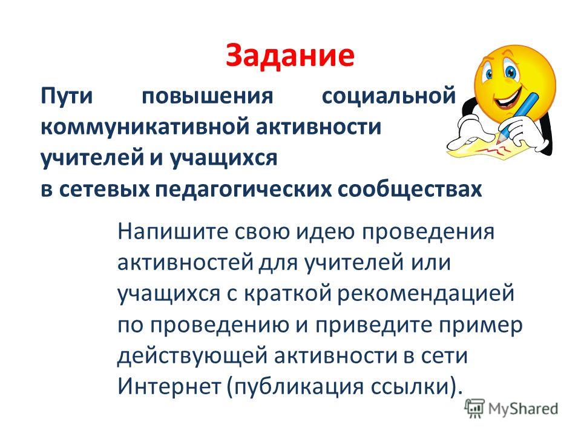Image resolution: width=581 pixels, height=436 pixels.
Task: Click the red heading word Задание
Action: click(x=290, y=56)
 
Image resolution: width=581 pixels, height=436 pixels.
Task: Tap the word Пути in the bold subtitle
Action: click(x=67, y=96)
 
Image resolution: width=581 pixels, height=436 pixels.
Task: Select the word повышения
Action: click(x=208, y=96)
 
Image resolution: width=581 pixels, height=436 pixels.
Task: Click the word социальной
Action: click(x=389, y=96)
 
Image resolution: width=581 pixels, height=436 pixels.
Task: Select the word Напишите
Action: click(x=172, y=233)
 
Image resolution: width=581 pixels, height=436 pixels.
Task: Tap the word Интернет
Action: click(x=169, y=387)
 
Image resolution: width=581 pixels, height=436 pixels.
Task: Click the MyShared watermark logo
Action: click(x=511, y=409)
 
